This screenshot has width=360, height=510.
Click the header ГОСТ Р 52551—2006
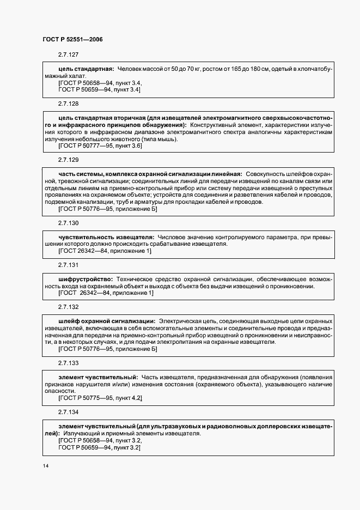point(72,39)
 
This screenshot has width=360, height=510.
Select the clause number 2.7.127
point(68,55)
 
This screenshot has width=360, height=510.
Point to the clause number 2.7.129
point(68,160)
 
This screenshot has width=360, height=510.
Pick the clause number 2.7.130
point(68,223)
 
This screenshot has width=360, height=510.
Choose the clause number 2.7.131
point(68,265)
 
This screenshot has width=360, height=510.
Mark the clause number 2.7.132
point(68,307)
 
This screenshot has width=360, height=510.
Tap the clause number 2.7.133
point(68,363)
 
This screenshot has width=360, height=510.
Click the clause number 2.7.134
point(68,411)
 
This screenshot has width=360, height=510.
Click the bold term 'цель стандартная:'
point(86,69)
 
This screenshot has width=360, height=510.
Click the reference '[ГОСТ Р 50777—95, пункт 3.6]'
point(100,146)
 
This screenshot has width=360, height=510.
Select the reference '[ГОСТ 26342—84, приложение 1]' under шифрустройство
point(106,293)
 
